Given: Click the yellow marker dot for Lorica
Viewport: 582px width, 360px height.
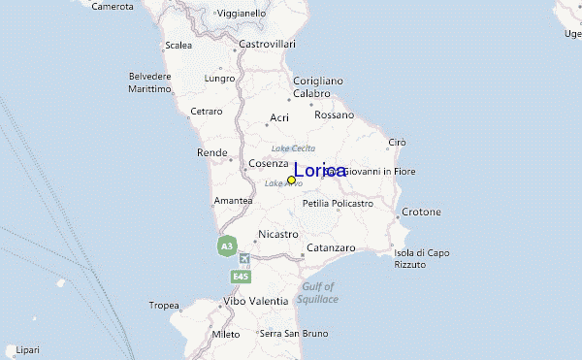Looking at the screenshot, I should tap(291, 180).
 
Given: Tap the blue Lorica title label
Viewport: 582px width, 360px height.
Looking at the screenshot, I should tap(319, 171).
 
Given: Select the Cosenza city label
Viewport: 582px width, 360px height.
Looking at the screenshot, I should tap(268, 164).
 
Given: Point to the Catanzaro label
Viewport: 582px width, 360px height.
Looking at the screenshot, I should tap(333, 221).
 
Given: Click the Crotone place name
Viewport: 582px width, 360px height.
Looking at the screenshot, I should tap(421, 212).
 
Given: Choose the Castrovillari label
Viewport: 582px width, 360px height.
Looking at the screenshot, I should tap(266, 45).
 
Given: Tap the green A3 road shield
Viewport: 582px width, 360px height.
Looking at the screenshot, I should tap(226, 246).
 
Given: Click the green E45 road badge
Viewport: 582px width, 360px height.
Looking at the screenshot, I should tap(242, 278).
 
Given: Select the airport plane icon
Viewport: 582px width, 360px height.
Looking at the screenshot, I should tap(242, 259).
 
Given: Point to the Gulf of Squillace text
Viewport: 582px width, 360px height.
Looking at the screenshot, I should tap(319, 293).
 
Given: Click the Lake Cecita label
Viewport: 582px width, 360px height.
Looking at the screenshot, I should tap(293, 147).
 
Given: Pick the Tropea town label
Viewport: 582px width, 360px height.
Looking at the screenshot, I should tap(164, 306).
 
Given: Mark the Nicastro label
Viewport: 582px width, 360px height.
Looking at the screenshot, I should tap(277, 234).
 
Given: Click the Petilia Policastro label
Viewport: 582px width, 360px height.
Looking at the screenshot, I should tap(338, 204).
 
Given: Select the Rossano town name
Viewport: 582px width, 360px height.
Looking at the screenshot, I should tap(335, 115).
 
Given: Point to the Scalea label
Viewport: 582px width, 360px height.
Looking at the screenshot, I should tap(178, 45).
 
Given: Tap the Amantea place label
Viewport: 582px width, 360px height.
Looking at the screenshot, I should tap(233, 200).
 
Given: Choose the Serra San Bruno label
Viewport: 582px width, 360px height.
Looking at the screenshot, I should tap(289, 334).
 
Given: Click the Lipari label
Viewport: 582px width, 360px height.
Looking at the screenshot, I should tap(27, 349).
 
